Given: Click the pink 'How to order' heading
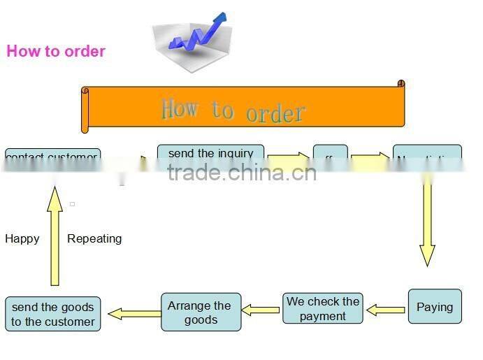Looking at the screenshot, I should point(56,51).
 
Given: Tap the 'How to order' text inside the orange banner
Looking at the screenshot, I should point(233,110).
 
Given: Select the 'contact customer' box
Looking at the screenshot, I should point(52,157).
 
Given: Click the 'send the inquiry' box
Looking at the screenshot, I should point(210,154).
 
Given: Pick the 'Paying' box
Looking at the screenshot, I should point(435,307).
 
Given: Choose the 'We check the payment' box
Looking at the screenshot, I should point(323,308).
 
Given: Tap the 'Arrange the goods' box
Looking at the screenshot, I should point(201,312).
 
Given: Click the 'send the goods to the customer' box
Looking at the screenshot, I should point(53,315).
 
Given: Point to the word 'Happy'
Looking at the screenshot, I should point(22,238).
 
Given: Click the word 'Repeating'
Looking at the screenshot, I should point(94,238).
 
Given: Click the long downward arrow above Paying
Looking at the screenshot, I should point(427,224).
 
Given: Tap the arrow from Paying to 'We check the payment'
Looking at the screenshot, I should point(386,309).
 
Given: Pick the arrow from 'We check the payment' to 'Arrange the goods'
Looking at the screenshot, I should point(261,310).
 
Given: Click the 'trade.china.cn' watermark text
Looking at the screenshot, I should point(242,172).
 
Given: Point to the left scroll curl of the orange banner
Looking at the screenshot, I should point(85,110).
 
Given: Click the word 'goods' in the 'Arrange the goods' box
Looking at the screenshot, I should point(201,319).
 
